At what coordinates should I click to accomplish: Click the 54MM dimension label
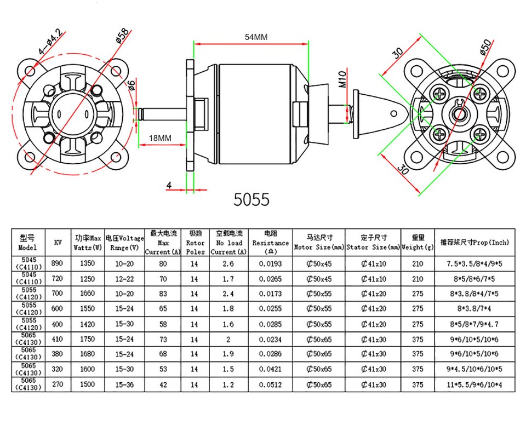(x=256, y=37)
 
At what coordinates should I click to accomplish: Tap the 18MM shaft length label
(x=160, y=138)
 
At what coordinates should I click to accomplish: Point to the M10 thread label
(x=342, y=79)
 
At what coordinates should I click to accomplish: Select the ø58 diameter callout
(x=122, y=36)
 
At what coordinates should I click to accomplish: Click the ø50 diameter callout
(x=485, y=47)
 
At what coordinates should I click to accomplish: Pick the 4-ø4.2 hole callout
(x=50, y=42)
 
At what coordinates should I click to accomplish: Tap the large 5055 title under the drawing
(x=251, y=199)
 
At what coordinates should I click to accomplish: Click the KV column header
(x=58, y=243)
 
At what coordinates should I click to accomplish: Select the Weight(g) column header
(x=418, y=243)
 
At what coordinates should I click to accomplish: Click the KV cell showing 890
(x=57, y=263)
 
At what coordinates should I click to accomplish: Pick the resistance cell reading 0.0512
(x=270, y=385)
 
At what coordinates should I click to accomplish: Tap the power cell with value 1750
(x=87, y=339)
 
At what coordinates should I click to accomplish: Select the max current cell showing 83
(x=163, y=294)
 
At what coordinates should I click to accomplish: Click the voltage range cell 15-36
(x=124, y=384)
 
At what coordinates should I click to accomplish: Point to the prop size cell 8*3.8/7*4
(x=474, y=308)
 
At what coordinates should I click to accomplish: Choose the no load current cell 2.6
(x=228, y=263)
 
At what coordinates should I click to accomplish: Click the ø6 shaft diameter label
(x=131, y=85)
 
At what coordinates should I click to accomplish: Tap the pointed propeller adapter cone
(x=380, y=114)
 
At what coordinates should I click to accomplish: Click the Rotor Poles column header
(x=195, y=243)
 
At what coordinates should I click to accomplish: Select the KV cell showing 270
(x=58, y=384)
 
